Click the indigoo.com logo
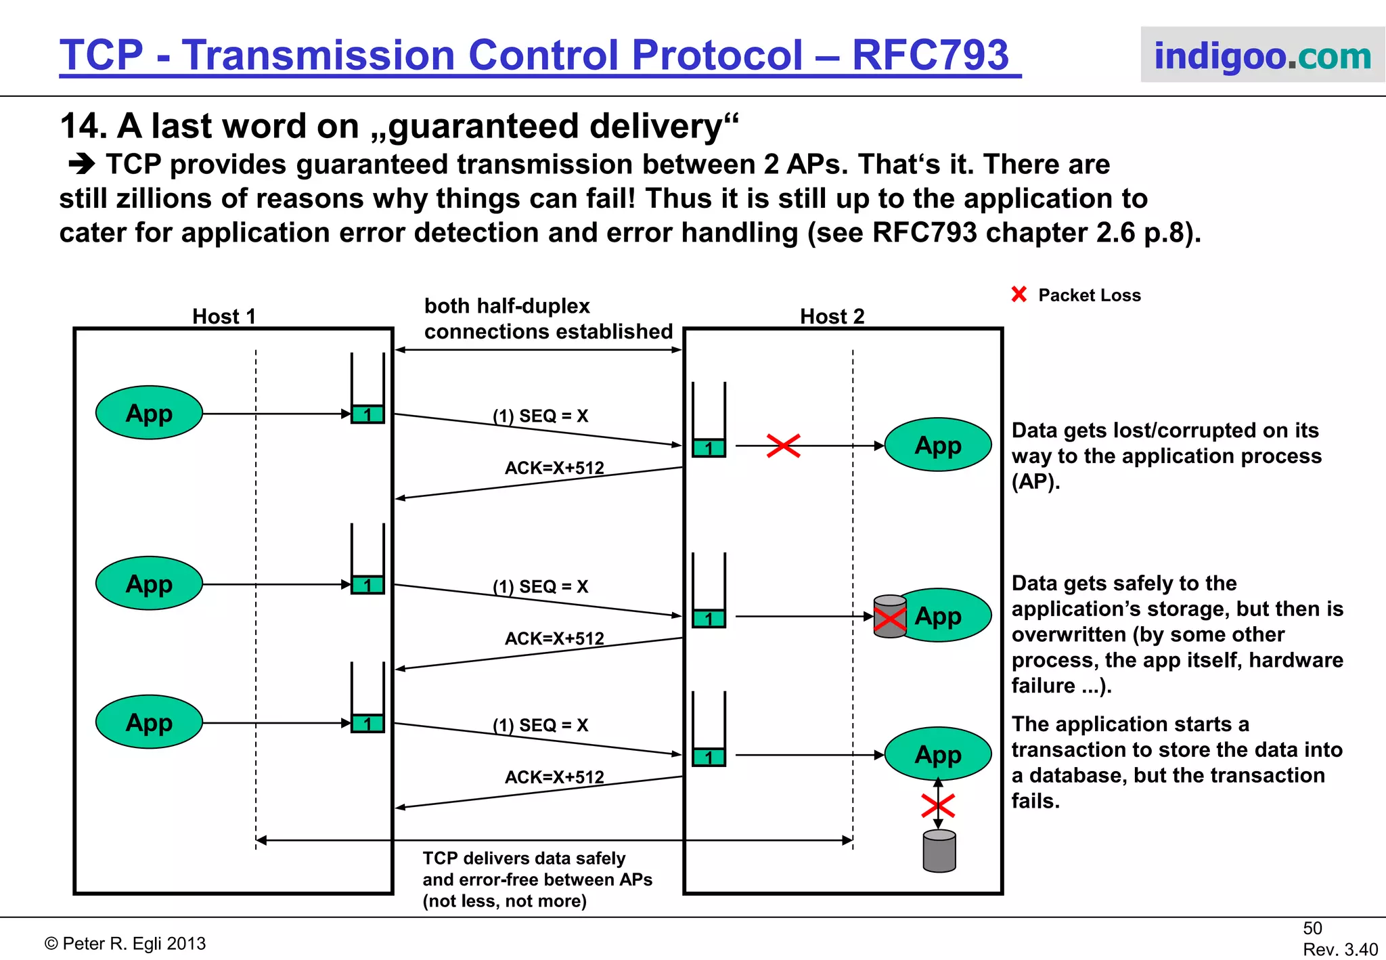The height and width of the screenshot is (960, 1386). pos(1262,56)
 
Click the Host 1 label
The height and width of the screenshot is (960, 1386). pos(224,316)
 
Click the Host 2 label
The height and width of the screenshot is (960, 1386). pos(832,316)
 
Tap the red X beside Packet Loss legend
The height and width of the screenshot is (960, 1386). pos(1019,294)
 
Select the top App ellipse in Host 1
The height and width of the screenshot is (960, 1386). pos(149,413)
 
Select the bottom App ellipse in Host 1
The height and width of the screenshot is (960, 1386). pos(149,722)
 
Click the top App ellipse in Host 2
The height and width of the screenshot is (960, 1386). pos(938,445)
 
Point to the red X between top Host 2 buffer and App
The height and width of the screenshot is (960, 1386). pos(783,445)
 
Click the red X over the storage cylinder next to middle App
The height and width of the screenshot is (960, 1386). pos(890,619)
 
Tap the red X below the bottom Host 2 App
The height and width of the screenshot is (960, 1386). pos(938,806)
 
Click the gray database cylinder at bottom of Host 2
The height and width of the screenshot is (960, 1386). pos(939,851)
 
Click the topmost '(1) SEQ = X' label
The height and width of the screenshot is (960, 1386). pos(540,416)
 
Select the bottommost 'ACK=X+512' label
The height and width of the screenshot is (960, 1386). pos(554,777)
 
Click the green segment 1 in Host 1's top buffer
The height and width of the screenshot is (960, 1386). pos(367,414)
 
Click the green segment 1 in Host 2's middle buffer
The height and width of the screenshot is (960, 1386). pos(709,618)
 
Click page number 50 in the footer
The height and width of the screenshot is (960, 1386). pos(1312,928)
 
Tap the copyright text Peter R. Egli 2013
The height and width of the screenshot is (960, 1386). pos(125,944)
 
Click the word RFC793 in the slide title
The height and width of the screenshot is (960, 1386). pos(930,56)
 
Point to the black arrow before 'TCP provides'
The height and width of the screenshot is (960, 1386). pos(82,165)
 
